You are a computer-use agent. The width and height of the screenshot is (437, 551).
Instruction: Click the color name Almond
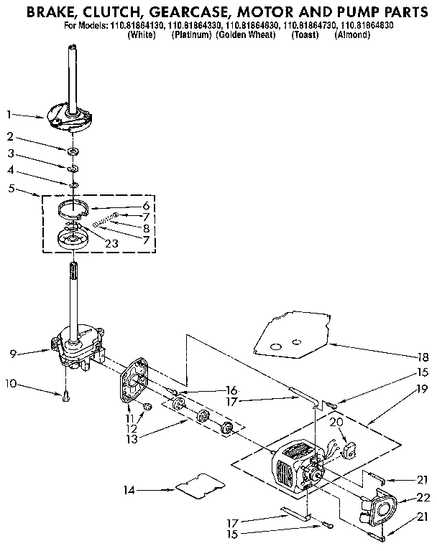352,34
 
